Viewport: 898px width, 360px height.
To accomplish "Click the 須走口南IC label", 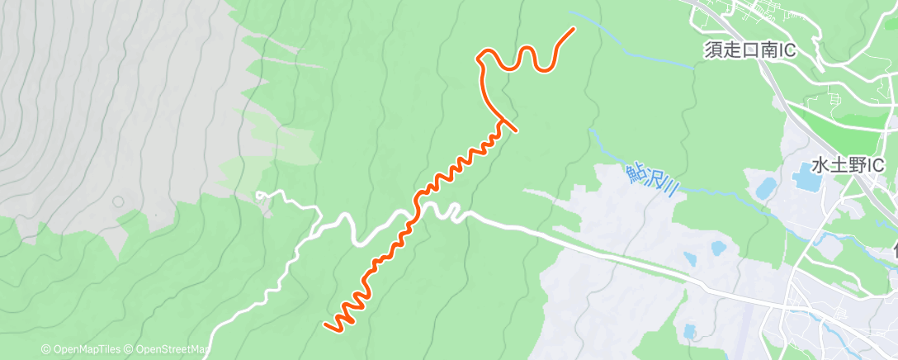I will [749, 50].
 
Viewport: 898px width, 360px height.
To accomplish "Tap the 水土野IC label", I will [848, 164].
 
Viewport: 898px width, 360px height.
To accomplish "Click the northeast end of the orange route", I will [574, 29].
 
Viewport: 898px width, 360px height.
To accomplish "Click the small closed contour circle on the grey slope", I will [118, 201].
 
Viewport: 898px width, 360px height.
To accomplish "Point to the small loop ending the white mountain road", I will [261, 196].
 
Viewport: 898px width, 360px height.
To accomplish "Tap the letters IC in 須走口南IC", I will [785, 50].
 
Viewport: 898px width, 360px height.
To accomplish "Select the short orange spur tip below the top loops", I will [516, 130].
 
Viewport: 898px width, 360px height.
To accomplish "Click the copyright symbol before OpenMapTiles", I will [46, 350].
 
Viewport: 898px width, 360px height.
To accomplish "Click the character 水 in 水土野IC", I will [819, 164].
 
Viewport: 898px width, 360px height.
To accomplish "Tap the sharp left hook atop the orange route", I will [479, 55].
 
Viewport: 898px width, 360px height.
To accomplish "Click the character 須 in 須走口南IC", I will [712, 50].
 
